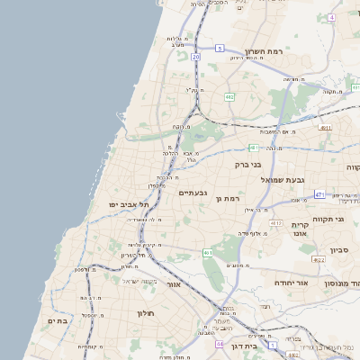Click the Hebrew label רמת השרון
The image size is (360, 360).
[264, 52]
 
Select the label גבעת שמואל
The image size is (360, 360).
[260, 181]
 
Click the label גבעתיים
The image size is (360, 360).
[193, 193]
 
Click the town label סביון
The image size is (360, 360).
[339, 250]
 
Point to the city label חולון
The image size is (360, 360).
[146, 313]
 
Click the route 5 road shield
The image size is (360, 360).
[220, 48]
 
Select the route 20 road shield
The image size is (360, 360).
[195, 57]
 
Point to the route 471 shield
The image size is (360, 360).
[319, 193]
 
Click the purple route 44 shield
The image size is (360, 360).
[219, 344]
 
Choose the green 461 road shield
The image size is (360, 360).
[208, 253]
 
